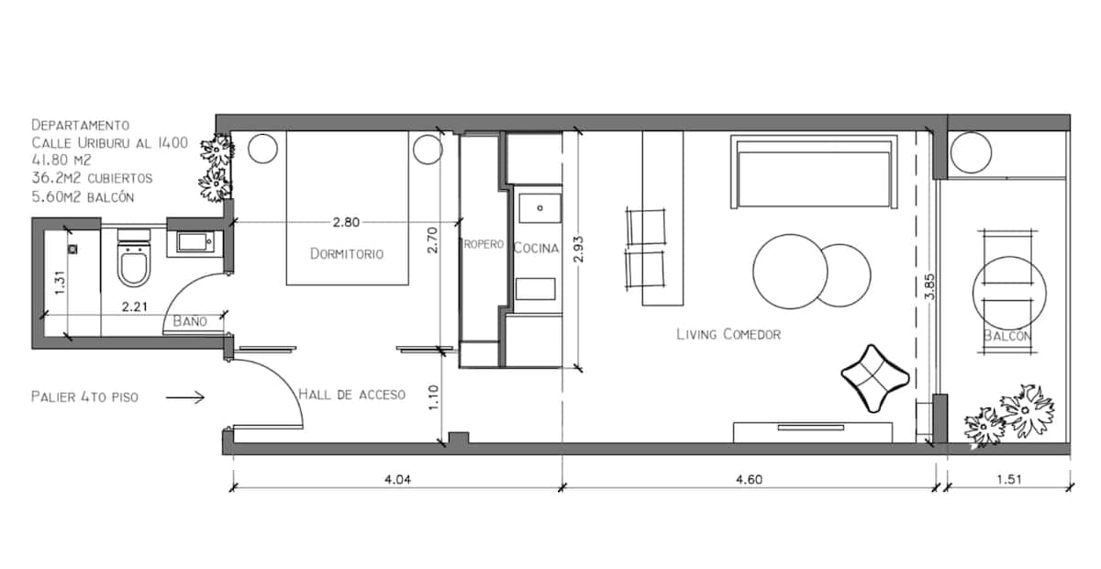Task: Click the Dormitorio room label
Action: (x=347, y=254)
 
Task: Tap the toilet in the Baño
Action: (x=134, y=258)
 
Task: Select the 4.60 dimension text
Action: (x=749, y=479)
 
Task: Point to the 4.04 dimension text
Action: (x=397, y=479)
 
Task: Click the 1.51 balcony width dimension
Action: (x=1009, y=479)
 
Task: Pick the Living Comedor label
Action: (x=728, y=334)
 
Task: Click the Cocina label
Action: (x=536, y=248)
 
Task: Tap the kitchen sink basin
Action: (x=539, y=208)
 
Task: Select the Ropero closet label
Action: (x=484, y=244)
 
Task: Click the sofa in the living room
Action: (x=814, y=173)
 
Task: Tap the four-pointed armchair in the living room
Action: (x=875, y=378)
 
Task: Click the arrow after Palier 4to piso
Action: (x=184, y=397)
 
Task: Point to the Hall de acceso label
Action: (x=352, y=394)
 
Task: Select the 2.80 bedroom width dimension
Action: (x=346, y=222)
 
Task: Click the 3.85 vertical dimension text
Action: (x=929, y=286)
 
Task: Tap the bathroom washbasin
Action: (x=195, y=242)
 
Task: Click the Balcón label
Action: (x=1007, y=336)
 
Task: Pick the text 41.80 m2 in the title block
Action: (x=61, y=160)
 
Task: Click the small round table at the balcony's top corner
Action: (x=971, y=152)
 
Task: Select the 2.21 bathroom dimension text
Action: (x=135, y=307)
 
